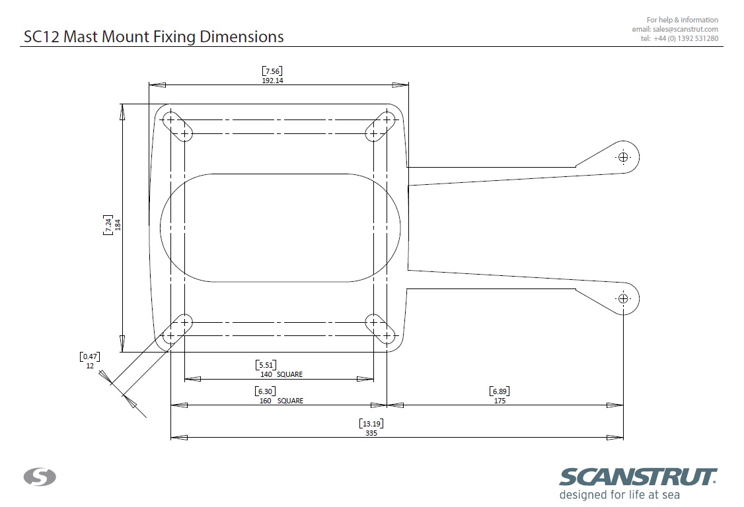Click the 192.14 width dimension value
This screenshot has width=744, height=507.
(272, 81)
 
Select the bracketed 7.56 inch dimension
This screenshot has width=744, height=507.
(272, 71)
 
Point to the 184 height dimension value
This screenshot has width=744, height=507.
(118, 224)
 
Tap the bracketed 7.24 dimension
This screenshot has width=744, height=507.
(108, 224)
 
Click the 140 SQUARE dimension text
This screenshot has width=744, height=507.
(281, 374)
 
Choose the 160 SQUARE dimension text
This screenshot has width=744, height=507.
(281, 401)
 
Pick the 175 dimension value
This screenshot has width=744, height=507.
(500, 401)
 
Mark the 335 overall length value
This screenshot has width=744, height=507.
(371, 433)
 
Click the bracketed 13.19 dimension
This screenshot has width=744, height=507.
(371, 424)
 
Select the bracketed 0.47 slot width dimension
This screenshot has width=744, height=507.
(90, 356)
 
